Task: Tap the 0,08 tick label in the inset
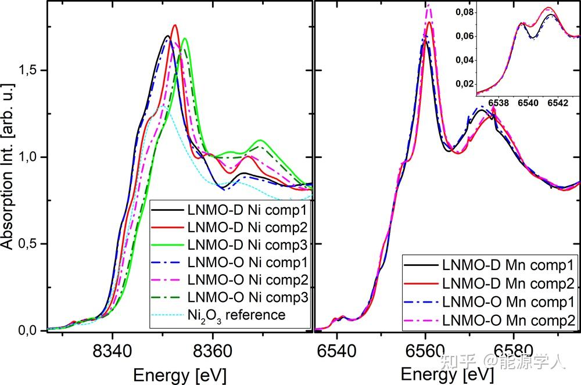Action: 466,12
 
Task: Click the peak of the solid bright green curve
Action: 185,39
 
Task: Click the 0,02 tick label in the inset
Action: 466,84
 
